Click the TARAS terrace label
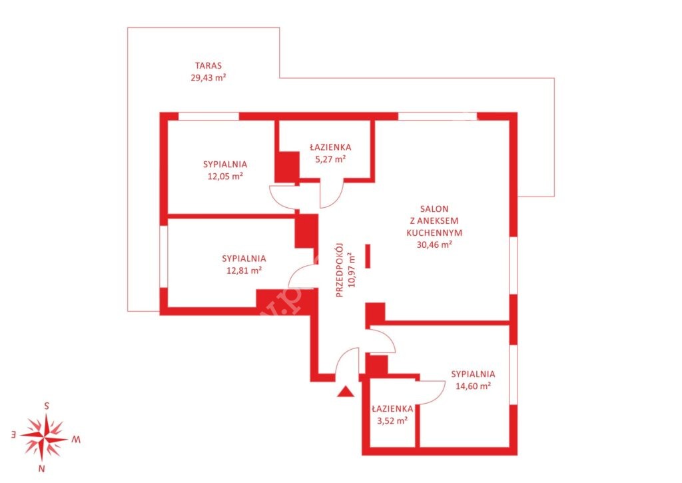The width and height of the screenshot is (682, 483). [208, 66]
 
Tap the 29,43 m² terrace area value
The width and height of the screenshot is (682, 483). [208, 78]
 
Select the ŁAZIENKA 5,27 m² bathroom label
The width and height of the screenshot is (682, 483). [330, 147]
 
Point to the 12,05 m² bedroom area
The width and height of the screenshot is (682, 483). [225, 177]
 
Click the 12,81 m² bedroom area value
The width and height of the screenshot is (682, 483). [244, 270]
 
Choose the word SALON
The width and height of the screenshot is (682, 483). [434, 209]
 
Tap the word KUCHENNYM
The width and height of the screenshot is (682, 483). [434, 233]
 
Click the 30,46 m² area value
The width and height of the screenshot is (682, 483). [434, 244]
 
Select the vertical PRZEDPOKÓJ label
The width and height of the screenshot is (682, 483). [340, 270]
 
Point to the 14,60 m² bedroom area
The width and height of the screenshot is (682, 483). [474, 386]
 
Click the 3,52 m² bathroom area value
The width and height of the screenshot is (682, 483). [392, 420]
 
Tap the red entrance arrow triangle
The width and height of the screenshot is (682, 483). [346, 391]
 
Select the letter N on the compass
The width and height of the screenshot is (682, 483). [42, 469]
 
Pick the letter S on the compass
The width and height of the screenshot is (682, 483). [47, 406]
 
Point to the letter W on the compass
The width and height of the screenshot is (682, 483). [76, 440]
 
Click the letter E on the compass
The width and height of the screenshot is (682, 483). [13, 434]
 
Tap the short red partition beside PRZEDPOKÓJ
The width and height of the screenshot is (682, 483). [368, 256]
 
